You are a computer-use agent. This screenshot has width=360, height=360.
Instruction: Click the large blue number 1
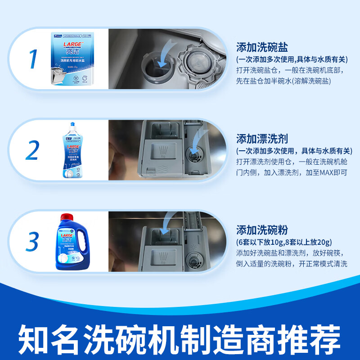pyautogui.click(x=32, y=59)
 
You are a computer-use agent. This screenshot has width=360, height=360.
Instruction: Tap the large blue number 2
pyautogui.click(x=32, y=151)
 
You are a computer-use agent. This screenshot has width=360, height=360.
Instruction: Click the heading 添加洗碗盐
pyautogui.click(x=262, y=47)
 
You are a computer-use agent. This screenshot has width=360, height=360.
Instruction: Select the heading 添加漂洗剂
pyautogui.click(x=262, y=138)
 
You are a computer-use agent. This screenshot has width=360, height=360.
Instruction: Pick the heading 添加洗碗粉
pyautogui.click(x=262, y=229)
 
